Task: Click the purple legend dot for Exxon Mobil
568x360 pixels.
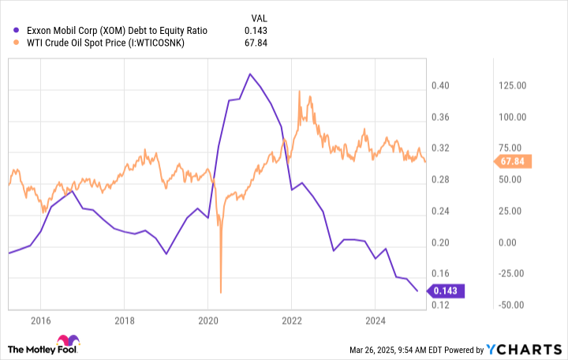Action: point(17,31)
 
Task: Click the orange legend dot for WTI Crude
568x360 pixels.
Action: point(17,43)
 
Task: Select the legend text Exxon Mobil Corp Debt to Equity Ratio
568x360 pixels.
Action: point(117,31)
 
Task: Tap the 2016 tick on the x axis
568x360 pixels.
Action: point(40,321)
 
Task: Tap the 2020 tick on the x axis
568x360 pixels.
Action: point(207,321)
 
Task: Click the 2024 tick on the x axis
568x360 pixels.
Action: point(375,321)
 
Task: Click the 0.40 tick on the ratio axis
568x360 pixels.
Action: point(440,85)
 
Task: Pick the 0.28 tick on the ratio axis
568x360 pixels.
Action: point(440,180)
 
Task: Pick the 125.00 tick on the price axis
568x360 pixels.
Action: point(510,85)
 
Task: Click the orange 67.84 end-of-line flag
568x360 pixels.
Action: point(514,162)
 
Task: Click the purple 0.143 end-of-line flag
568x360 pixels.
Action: point(447,291)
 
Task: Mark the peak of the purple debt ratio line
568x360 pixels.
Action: point(250,74)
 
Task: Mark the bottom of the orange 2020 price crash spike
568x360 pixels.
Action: point(220,292)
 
